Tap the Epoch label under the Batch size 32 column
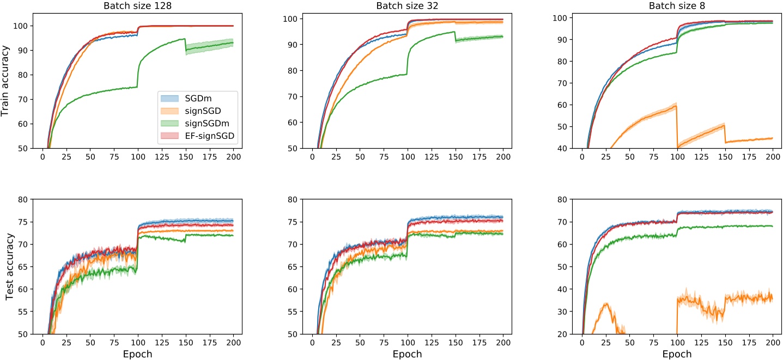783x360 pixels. (x=407, y=353)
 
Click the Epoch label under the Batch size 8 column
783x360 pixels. (x=677, y=353)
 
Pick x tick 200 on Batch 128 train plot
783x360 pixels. (x=233, y=156)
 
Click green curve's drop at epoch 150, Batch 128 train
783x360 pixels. (x=186, y=45)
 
